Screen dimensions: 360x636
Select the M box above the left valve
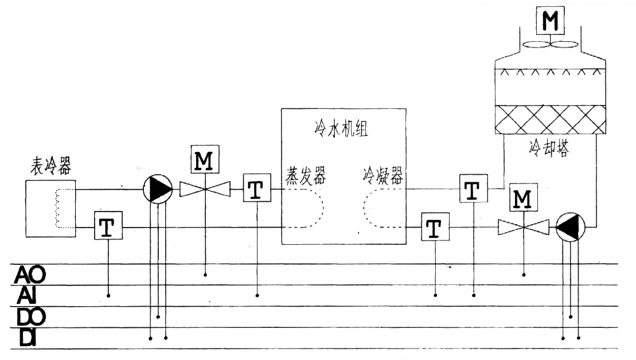coord(205,160)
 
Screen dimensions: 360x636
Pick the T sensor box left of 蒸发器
coord(256,189)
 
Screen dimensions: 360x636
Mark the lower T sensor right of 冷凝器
coord(435,228)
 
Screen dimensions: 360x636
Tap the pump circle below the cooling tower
coord(570,228)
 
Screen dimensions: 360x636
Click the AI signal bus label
coord(26,295)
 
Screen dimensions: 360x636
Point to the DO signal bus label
coord(29,316)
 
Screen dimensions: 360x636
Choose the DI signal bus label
coord(26,337)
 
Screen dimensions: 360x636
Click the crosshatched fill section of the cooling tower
coord(550,119)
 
